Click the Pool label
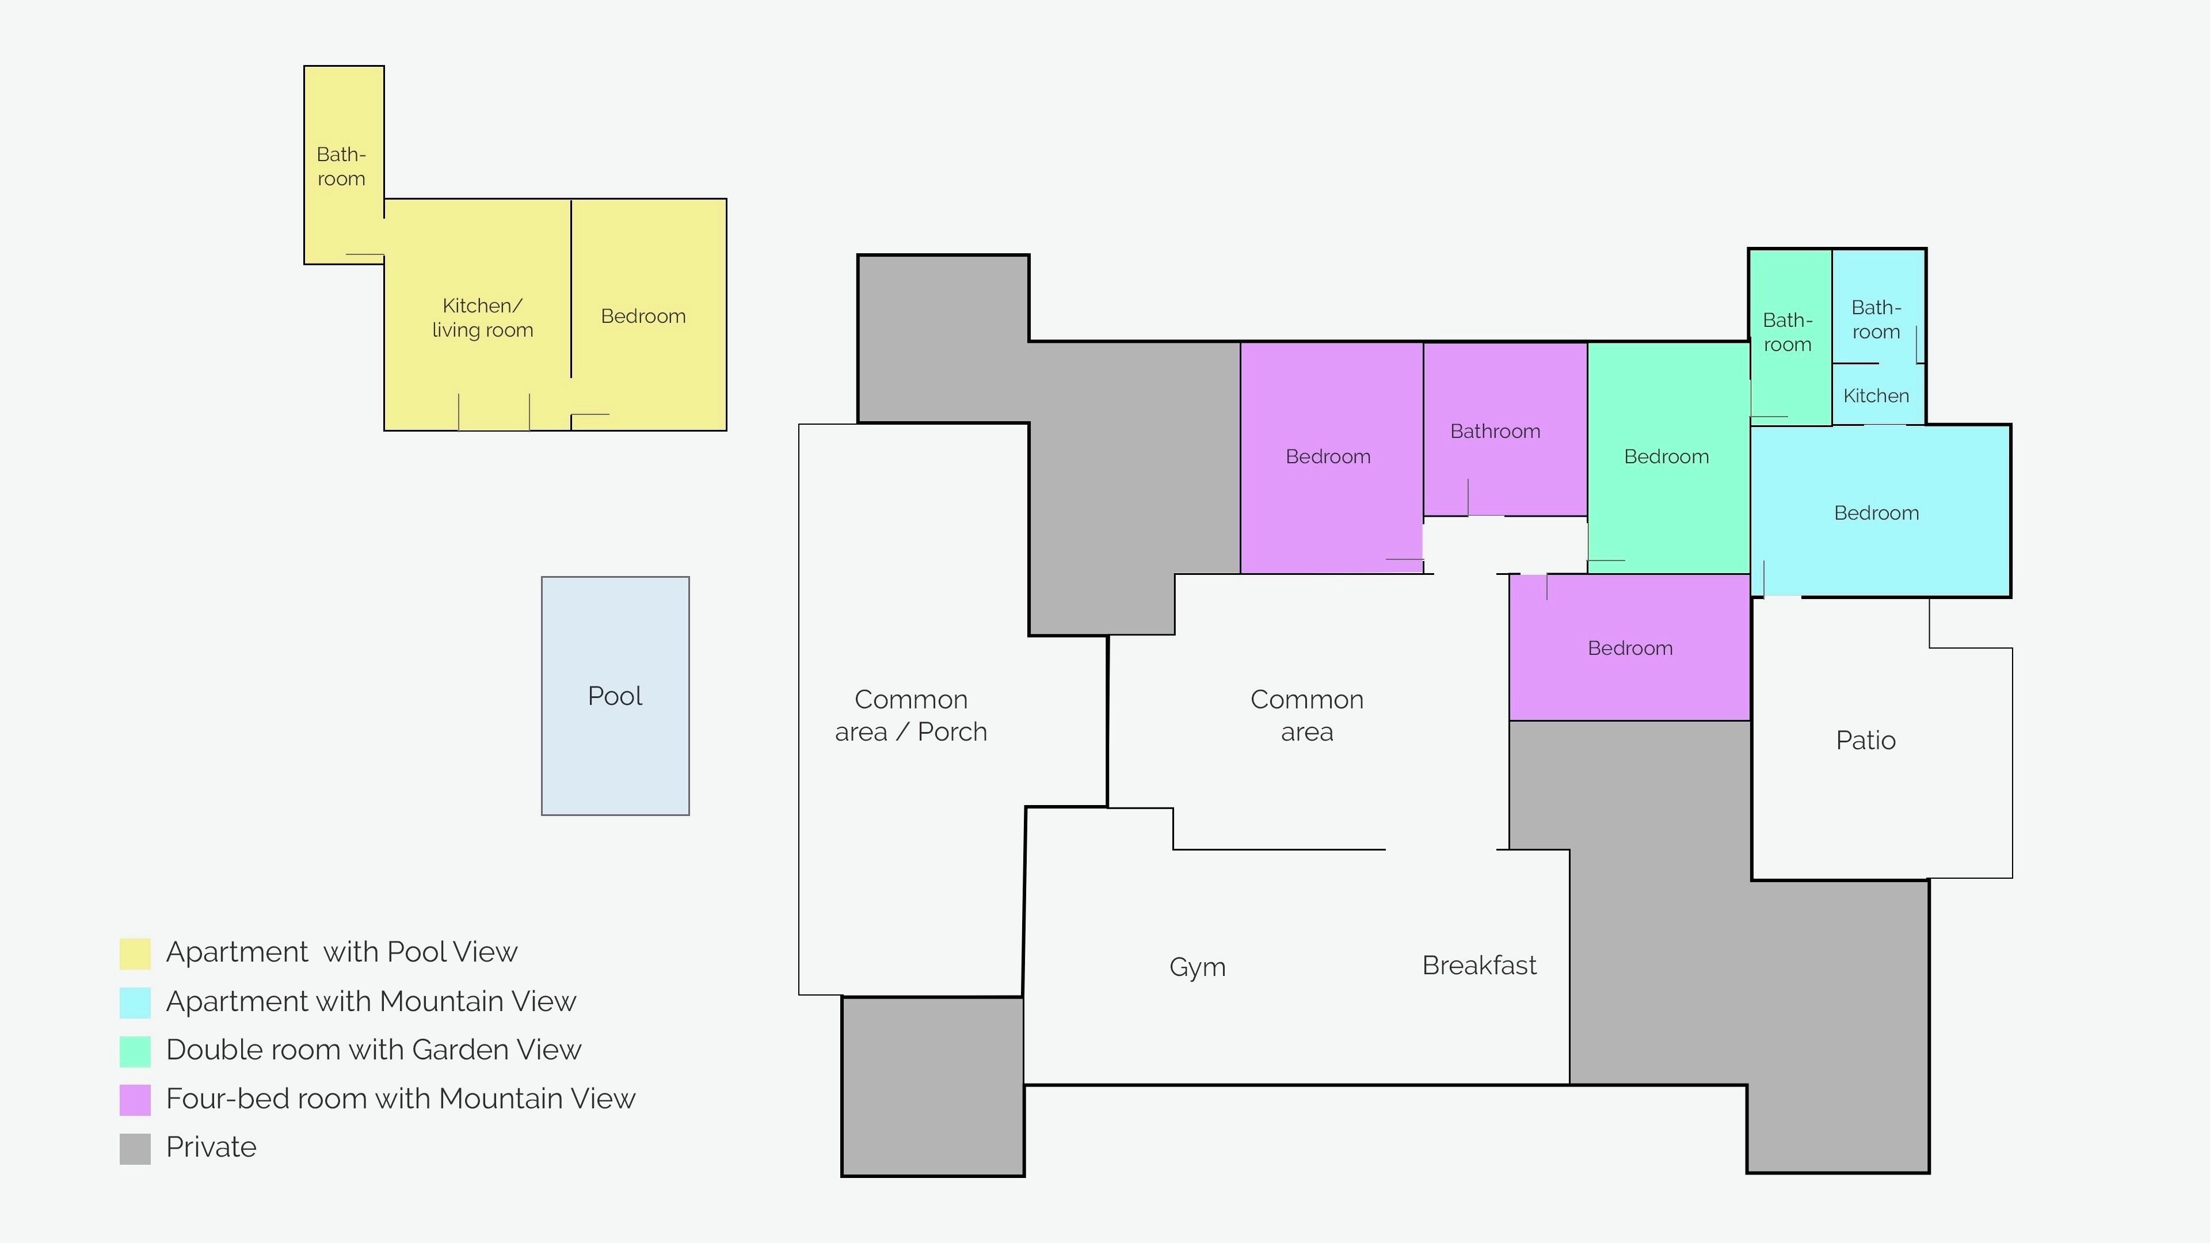pos(615,696)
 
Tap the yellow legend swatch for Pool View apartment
pos(135,953)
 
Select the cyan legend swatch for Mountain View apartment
pos(135,1002)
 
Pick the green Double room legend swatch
pos(135,1051)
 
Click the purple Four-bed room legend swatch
pos(135,1100)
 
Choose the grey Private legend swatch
pos(135,1149)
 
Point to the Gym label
pos(1197,967)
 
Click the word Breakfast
pos(1479,965)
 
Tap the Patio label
pos(1865,740)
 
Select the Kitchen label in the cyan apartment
pos(1876,395)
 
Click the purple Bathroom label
pos(1495,430)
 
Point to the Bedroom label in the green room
pos(1666,456)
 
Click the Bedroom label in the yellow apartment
pos(643,316)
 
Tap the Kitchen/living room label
pos(482,318)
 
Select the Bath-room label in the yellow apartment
pos(341,166)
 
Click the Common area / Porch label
pos(911,715)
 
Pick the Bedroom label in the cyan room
pos(1876,513)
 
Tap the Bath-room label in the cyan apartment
pos(1876,319)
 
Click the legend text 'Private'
pos(211,1147)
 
